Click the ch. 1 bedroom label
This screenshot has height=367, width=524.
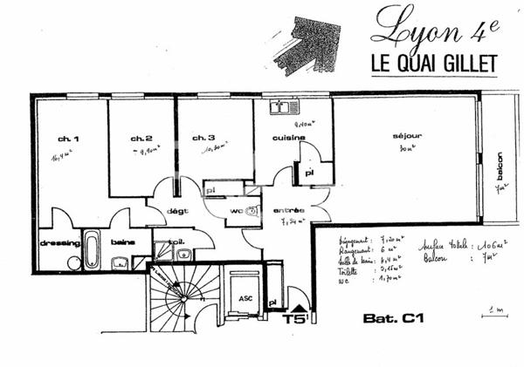tap(69, 139)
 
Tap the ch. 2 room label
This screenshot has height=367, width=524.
tap(141, 139)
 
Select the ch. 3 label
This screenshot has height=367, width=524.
tap(203, 138)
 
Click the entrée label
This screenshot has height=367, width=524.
tap(288, 210)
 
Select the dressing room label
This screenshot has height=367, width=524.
tap(59, 242)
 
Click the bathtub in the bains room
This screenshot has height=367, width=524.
tap(92, 250)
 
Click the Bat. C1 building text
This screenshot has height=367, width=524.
tap(393, 318)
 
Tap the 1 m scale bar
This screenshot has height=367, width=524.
tap(497, 313)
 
